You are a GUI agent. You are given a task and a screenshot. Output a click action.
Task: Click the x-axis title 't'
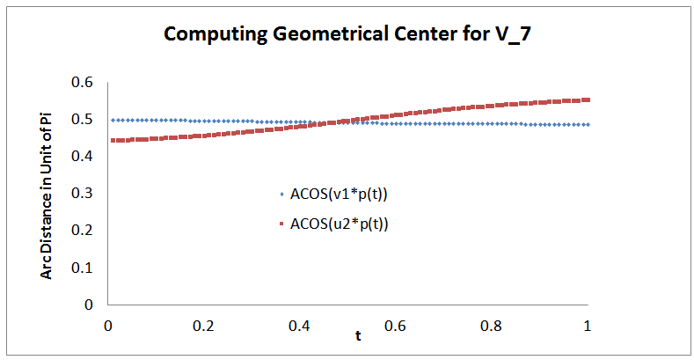[358, 335]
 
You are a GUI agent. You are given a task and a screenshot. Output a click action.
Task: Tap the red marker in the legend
[281, 224]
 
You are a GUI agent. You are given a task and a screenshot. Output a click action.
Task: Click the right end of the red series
[588, 99]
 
